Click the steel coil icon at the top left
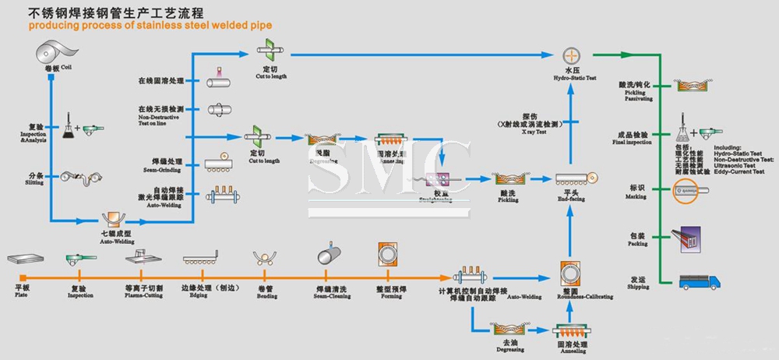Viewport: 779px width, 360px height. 52,53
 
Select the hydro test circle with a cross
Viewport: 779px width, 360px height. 573,55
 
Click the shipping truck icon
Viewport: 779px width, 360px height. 698,281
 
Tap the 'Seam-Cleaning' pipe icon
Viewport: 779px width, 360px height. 328,258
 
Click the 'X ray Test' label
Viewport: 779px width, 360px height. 530,132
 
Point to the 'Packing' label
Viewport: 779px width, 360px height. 637,243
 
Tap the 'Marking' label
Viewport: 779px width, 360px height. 636,196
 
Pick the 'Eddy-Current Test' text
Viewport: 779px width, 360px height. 738,170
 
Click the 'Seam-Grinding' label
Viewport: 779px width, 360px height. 161,170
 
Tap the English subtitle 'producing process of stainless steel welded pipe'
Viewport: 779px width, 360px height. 150,26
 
